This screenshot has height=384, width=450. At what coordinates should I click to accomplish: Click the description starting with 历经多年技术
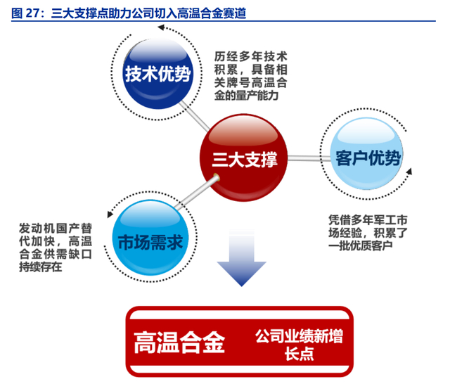(x=249, y=75)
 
